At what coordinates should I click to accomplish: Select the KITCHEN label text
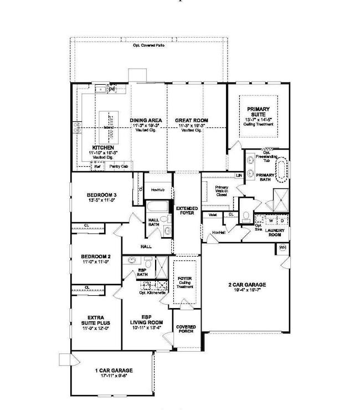tap(103, 148)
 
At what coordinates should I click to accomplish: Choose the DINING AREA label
tap(146, 120)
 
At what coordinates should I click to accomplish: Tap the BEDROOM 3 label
tap(101, 194)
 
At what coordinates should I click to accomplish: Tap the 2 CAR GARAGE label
tap(244, 285)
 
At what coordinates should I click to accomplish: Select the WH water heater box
tap(282, 248)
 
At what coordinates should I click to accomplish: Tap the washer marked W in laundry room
tap(271, 220)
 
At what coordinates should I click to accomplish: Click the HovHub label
tap(158, 189)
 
